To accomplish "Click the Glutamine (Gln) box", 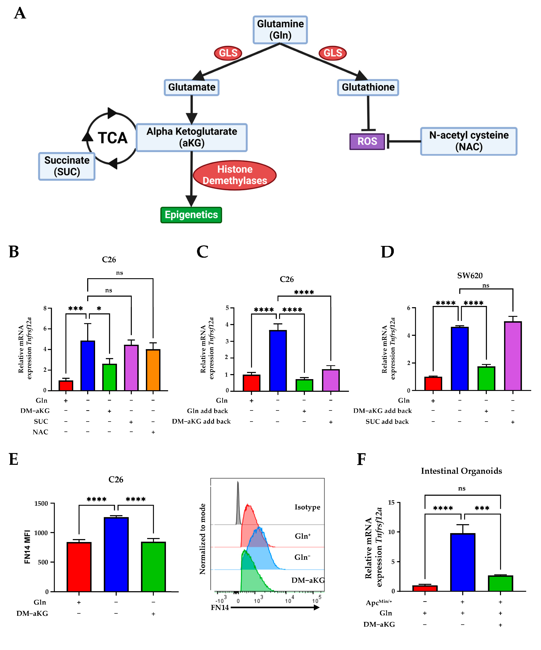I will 280,30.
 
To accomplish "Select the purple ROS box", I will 367,141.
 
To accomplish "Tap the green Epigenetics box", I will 191,215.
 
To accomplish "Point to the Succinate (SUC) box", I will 67,166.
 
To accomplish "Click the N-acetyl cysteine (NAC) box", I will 468,141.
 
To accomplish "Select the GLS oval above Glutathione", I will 333,53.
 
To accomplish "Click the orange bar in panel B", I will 153,370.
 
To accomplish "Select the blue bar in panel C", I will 278,360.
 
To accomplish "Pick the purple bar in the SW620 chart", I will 513,356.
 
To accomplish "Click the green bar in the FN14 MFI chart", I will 153,566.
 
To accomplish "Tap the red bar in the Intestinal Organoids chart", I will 425,588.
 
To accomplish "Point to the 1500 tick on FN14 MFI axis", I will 41,504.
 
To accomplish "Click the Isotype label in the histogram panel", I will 307,507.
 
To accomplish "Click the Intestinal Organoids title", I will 461,471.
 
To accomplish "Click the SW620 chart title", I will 470,275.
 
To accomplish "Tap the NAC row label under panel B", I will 41,432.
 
